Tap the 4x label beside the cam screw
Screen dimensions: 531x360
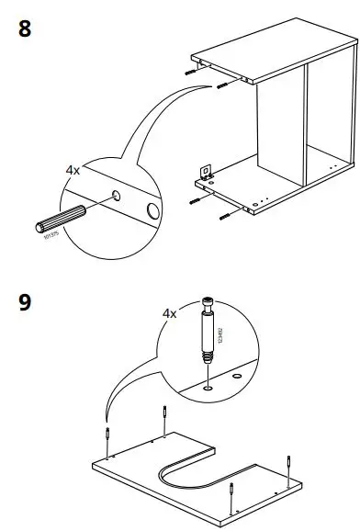[170, 313]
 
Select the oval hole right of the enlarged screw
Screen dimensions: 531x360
[237, 377]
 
